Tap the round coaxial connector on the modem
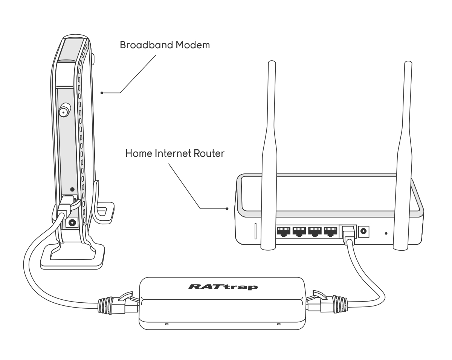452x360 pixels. click(x=63, y=112)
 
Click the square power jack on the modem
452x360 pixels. click(x=72, y=222)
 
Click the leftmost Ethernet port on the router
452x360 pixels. click(x=283, y=231)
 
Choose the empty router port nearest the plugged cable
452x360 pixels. click(x=330, y=231)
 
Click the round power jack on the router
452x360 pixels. click(x=363, y=231)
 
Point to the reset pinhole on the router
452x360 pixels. click(x=386, y=234)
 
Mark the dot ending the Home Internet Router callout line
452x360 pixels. click(x=227, y=208)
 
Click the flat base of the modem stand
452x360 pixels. click(x=72, y=256)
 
